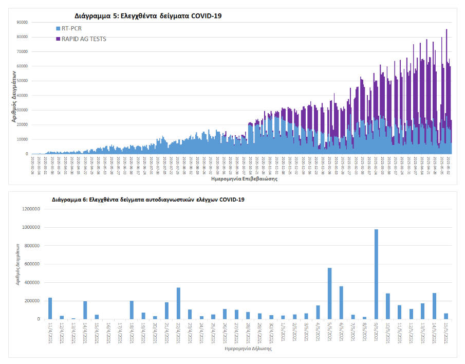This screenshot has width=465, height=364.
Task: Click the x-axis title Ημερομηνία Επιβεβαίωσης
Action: click(x=241, y=180)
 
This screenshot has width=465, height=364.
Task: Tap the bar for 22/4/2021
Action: click(x=178, y=303)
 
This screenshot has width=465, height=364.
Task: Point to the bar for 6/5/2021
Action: click(x=341, y=303)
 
